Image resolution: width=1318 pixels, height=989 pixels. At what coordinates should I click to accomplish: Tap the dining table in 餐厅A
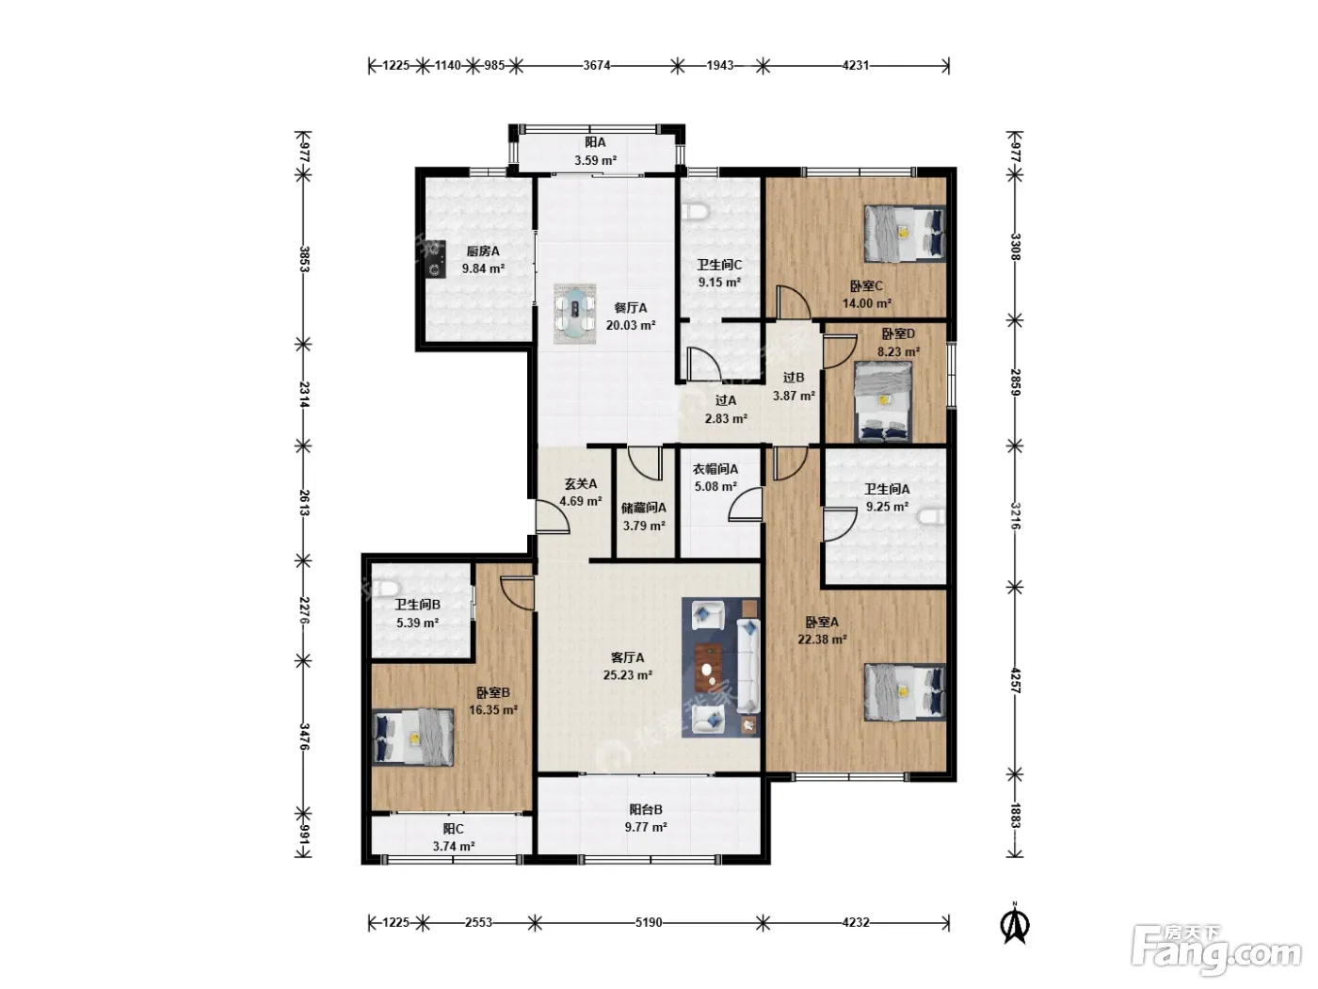tap(575, 313)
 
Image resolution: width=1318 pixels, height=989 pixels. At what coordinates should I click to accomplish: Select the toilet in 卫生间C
tap(697, 211)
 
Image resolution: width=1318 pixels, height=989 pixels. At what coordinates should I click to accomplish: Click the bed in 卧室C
tap(905, 234)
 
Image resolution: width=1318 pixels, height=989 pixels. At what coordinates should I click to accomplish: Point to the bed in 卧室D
tap(883, 401)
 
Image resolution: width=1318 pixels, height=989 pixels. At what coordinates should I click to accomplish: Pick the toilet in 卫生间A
tap(931, 516)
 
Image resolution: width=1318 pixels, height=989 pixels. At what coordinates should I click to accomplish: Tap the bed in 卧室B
tap(412, 737)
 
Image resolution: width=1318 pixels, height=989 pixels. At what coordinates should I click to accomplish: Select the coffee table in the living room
tap(709, 667)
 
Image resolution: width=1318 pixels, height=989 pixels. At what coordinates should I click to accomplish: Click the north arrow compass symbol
tap(1014, 924)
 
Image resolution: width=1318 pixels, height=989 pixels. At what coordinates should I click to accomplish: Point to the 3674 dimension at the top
tap(596, 65)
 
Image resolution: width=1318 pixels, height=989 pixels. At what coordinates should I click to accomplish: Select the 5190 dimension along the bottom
tap(649, 922)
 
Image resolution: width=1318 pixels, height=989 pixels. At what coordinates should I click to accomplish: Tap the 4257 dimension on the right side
tap(1014, 680)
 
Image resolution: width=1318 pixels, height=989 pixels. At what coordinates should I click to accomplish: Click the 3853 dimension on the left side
tap(304, 259)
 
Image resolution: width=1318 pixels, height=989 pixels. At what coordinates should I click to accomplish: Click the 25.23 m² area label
tap(628, 675)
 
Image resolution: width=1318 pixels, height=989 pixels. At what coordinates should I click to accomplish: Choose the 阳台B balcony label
tap(646, 809)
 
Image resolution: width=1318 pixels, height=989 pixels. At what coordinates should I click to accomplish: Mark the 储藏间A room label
tap(643, 508)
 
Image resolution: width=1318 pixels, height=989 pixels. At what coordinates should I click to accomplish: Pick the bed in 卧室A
tap(905, 691)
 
